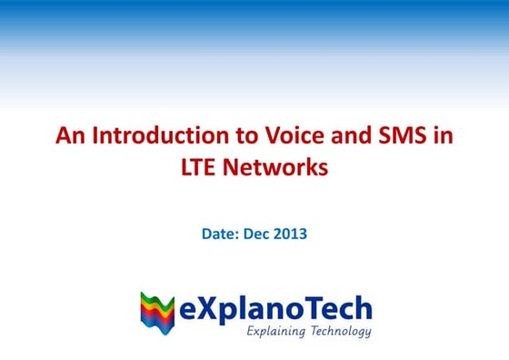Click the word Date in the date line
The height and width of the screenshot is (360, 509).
tap(219, 235)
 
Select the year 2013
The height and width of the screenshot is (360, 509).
tap(292, 235)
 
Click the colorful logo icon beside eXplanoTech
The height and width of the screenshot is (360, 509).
tap(157, 312)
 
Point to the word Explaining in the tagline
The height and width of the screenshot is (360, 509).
tap(276, 332)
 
